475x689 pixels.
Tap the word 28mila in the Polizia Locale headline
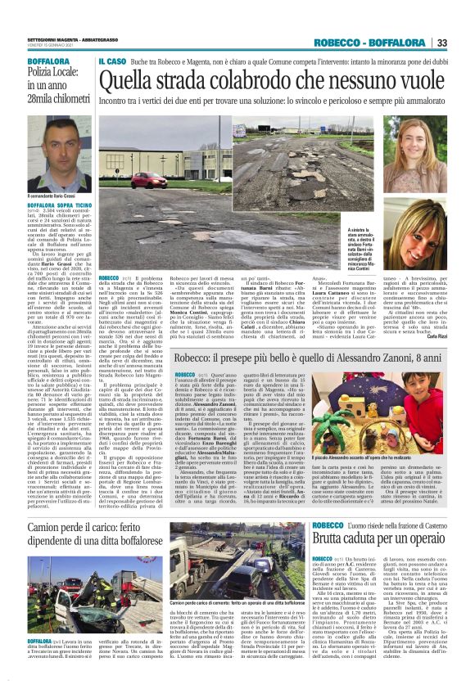tap(42, 98)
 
